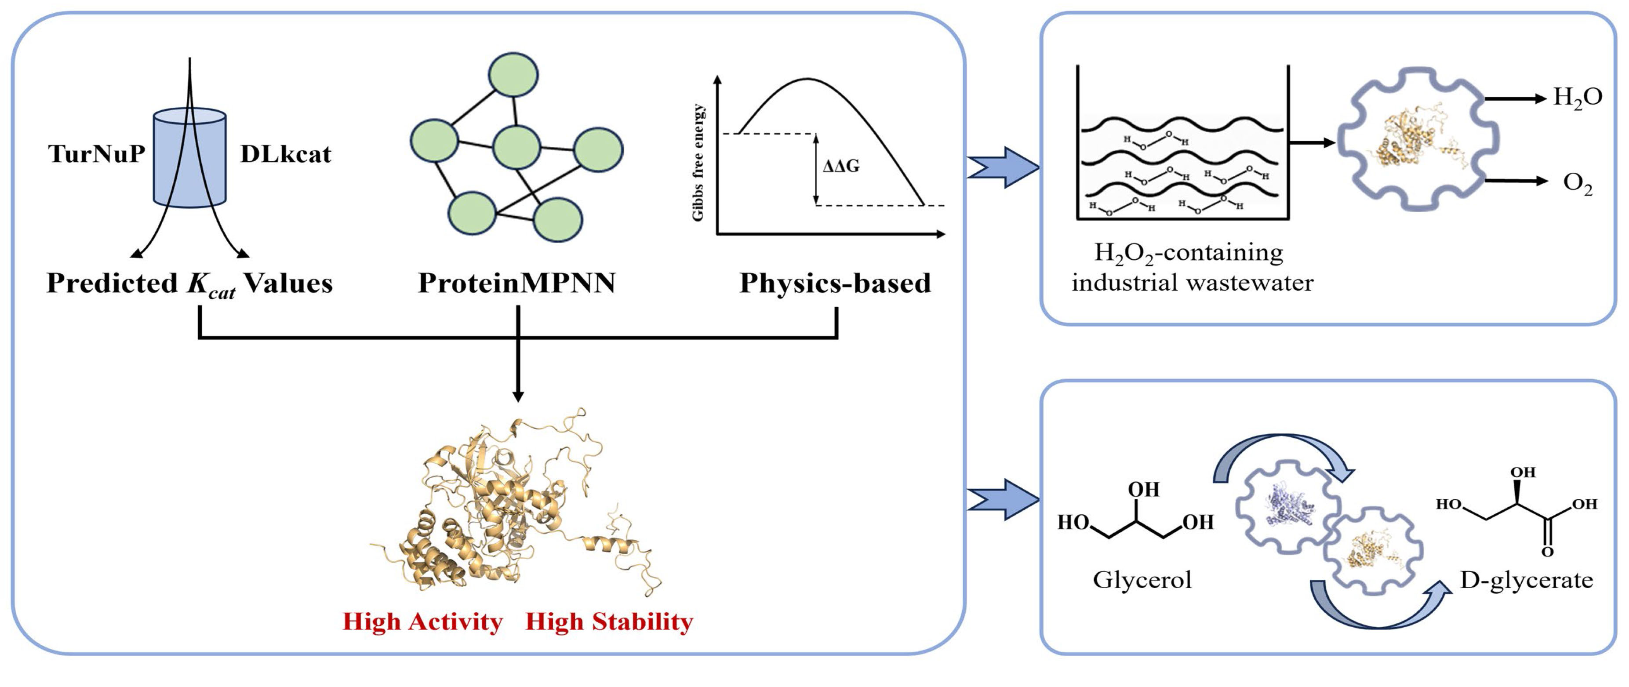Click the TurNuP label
[97, 154]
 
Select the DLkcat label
[285, 154]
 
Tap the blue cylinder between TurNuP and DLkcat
[190, 158]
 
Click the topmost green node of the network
[513, 75]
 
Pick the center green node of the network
[516, 147]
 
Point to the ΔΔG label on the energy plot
[840, 167]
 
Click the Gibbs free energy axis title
[698, 163]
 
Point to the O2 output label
[1577, 183]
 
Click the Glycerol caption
[1142, 579]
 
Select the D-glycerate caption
[1526, 579]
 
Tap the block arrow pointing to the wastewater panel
[1004, 167]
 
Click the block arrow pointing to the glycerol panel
[1004, 500]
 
